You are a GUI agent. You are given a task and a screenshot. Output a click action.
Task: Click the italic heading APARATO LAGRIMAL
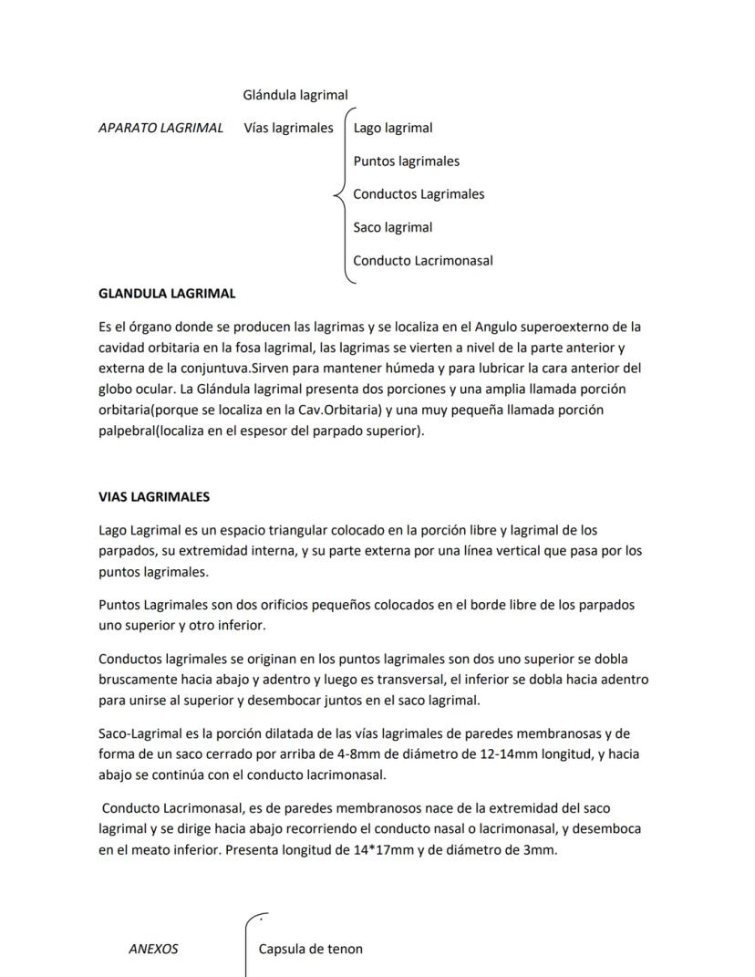(160, 128)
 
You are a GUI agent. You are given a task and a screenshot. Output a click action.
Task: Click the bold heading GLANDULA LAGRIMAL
(167, 294)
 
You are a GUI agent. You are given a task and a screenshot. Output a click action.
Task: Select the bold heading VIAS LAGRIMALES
(154, 497)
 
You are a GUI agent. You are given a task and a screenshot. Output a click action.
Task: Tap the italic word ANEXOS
(153, 949)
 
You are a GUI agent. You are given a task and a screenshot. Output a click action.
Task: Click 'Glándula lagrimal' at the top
(295, 95)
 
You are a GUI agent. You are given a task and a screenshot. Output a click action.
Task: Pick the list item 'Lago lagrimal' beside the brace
(393, 128)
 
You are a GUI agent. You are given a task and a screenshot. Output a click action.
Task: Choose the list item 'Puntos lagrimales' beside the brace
(407, 161)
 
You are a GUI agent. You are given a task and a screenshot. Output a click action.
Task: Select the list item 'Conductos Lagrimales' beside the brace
(419, 194)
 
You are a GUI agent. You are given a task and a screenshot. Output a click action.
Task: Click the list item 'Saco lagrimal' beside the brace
(393, 227)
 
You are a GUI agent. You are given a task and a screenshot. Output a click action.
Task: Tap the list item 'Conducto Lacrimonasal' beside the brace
(423, 261)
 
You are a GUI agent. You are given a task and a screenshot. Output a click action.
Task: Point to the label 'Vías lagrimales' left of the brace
(288, 128)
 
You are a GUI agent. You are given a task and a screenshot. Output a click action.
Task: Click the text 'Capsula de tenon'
(311, 949)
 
